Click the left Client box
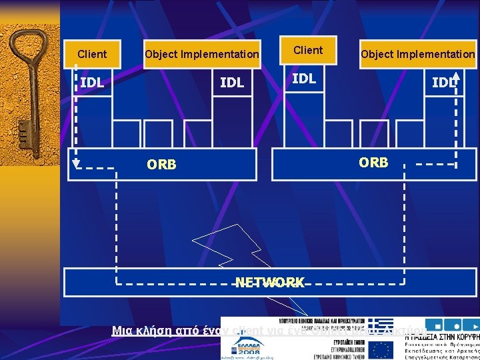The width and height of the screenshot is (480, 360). (92, 54)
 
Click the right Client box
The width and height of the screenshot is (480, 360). (308, 51)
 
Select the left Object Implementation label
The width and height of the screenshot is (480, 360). (202, 54)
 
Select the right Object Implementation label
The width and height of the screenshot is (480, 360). (417, 54)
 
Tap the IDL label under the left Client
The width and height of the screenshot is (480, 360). (92, 83)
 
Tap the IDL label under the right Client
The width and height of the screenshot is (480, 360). (304, 79)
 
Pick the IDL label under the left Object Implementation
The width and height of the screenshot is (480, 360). (232, 83)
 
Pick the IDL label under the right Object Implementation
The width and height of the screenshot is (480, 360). (443, 83)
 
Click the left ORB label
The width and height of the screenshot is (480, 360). (162, 165)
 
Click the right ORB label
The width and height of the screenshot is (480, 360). (373, 162)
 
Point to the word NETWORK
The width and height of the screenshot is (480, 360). (270, 282)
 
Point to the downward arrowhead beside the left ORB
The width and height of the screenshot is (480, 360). (77, 163)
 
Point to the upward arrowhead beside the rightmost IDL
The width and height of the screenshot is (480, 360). (456, 75)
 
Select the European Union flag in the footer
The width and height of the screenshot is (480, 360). (382, 349)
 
